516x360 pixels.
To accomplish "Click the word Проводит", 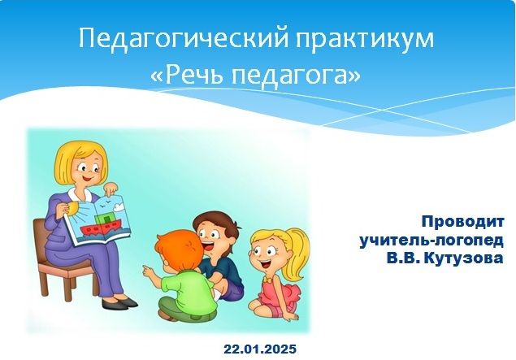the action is [462, 222].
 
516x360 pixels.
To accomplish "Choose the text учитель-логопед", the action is [431, 241].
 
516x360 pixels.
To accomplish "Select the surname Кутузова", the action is [464, 258].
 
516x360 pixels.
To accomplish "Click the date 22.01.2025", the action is [260, 349].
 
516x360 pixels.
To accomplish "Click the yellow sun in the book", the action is [73, 208].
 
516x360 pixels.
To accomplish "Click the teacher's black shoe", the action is [119, 302].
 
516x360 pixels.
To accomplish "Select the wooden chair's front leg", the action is [67, 285].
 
